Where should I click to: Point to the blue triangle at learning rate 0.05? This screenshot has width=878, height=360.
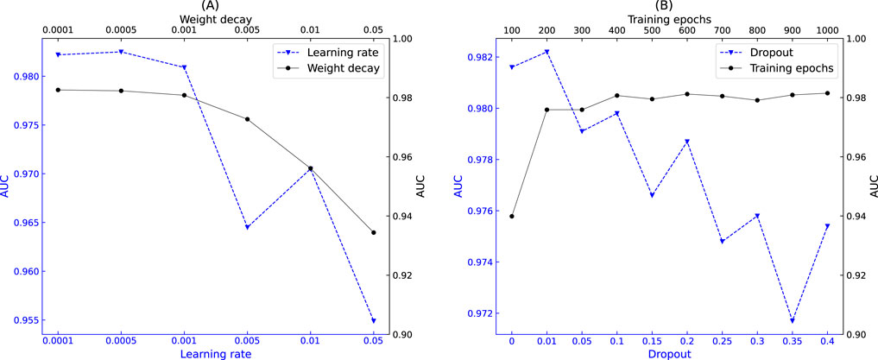click(373, 321)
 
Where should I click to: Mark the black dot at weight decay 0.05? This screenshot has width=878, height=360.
click(373, 232)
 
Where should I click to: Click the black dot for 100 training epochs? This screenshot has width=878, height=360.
click(512, 216)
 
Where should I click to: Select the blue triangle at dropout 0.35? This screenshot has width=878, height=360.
click(792, 321)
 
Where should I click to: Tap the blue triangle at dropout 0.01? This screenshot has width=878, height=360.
click(546, 52)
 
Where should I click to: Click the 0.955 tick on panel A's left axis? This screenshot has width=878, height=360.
click(22, 320)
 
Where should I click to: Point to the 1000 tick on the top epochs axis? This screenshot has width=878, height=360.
click(827, 29)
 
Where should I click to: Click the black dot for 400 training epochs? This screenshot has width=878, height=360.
click(616, 95)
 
